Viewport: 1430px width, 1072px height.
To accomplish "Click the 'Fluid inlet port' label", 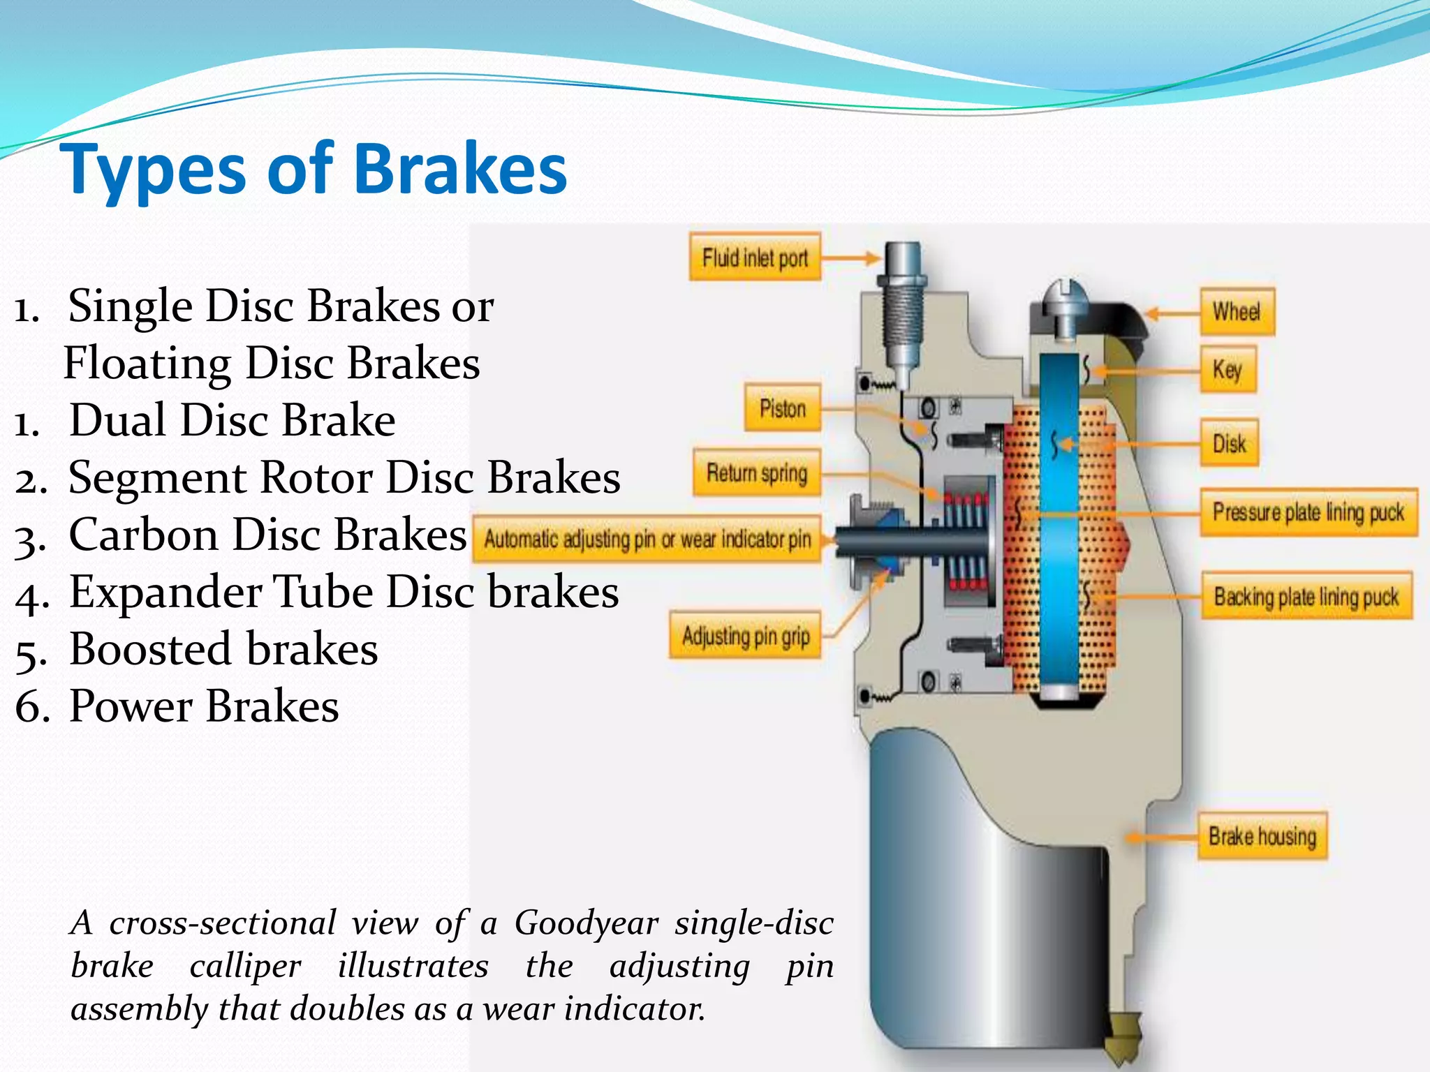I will (755, 258).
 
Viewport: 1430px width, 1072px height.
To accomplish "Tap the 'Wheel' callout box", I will (1237, 311).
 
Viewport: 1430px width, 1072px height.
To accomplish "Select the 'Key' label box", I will (1228, 368).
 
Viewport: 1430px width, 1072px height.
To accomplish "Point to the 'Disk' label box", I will (1230, 442).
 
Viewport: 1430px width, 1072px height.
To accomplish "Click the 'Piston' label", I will (782, 408).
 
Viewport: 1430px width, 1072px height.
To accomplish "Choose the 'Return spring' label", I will (757, 472).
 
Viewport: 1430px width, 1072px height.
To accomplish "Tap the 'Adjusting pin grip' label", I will (746, 636).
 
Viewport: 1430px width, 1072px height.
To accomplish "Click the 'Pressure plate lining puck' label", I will (1308, 512).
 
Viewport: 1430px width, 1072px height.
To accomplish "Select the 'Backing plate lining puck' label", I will (1306, 596).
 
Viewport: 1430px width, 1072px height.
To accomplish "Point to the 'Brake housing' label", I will (1262, 835).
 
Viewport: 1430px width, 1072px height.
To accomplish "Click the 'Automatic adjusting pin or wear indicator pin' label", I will (647, 539).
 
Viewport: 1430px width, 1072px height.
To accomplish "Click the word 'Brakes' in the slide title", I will (461, 169).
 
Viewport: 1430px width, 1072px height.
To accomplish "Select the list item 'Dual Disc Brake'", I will (232, 420).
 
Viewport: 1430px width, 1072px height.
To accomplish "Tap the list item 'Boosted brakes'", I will (223, 649).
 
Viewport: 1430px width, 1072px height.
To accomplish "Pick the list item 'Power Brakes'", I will (204, 706).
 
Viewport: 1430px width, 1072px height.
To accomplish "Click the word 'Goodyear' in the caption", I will (587, 923).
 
